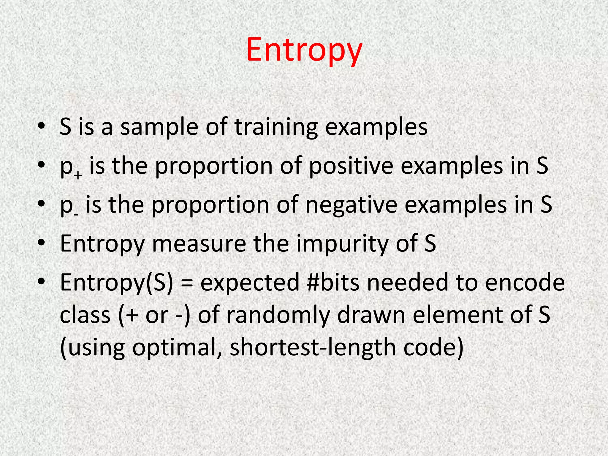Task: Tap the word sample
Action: point(159,127)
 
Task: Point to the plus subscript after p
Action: point(78,175)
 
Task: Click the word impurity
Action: point(343,243)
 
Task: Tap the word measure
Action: point(199,243)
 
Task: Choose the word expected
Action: point(250,282)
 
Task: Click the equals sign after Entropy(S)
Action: point(186,283)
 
